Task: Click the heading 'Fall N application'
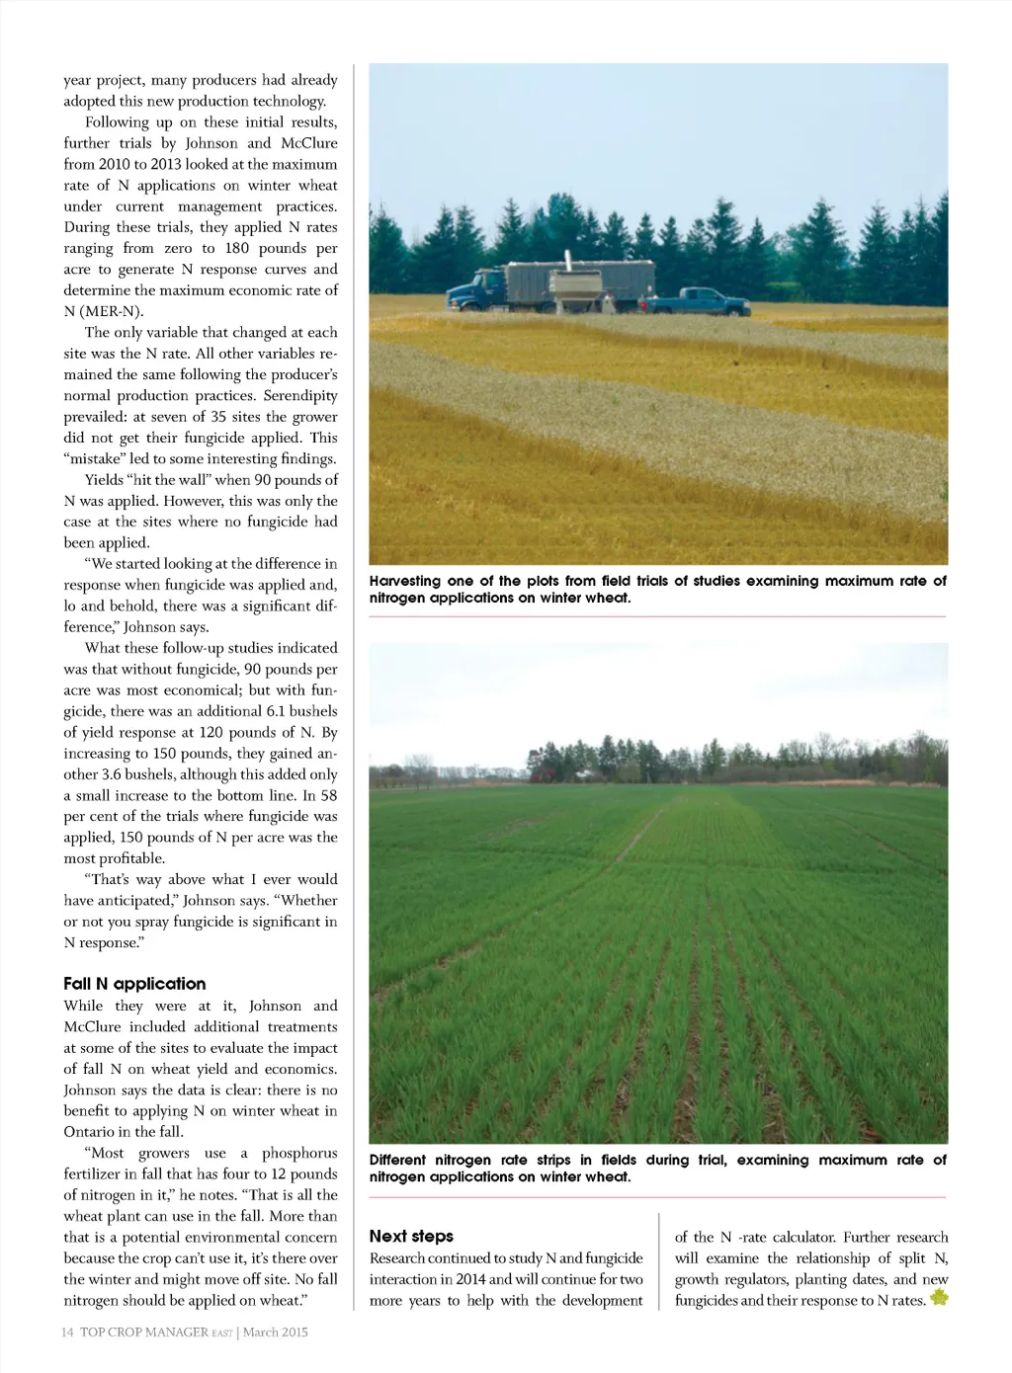tap(134, 984)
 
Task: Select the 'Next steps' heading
tap(411, 1236)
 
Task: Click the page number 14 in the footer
tap(67, 1332)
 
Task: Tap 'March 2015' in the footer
tap(276, 1332)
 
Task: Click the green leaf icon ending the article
tap(938, 1298)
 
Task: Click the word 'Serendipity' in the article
tap(300, 395)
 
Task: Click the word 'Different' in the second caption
tap(397, 1160)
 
